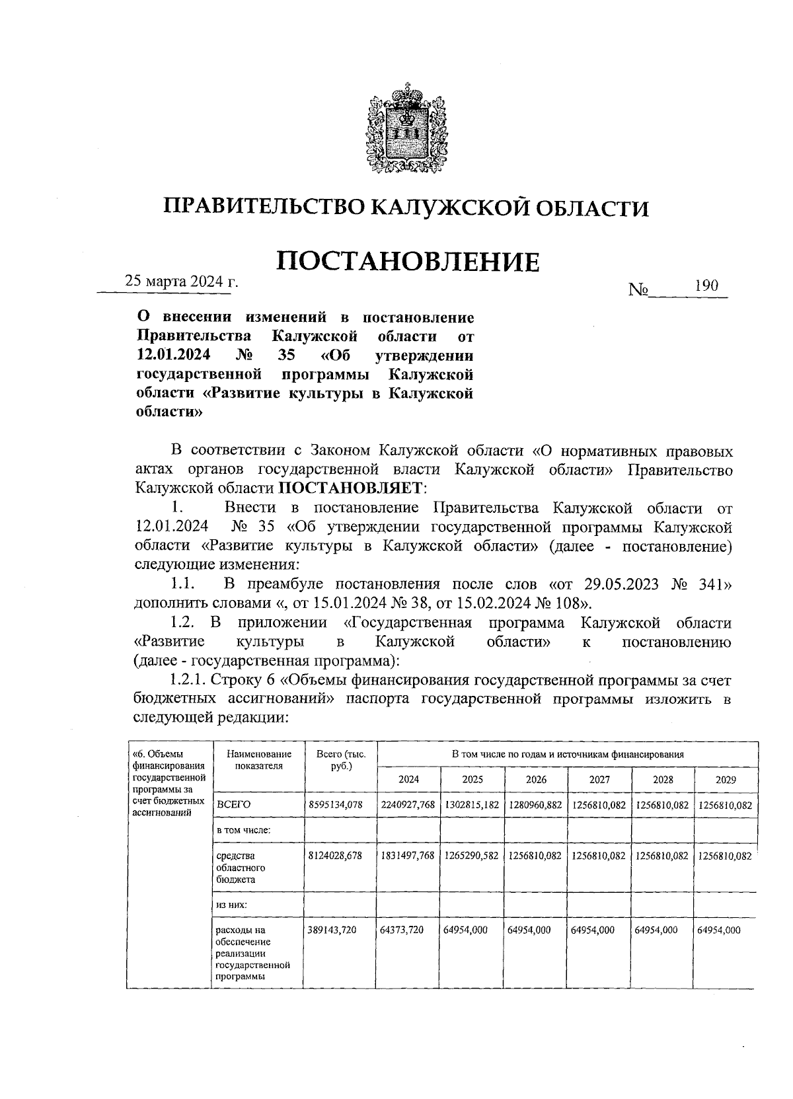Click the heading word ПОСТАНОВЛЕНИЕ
click(407, 262)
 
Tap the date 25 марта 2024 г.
click(182, 281)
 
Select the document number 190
click(706, 286)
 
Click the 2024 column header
click(408, 779)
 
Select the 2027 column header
click(599, 779)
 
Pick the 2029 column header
click(726, 779)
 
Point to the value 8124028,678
click(336, 855)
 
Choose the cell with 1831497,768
click(408, 855)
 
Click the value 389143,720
click(332, 929)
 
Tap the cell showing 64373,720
click(401, 929)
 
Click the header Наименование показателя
click(258, 759)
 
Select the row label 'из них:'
click(231, 904)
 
